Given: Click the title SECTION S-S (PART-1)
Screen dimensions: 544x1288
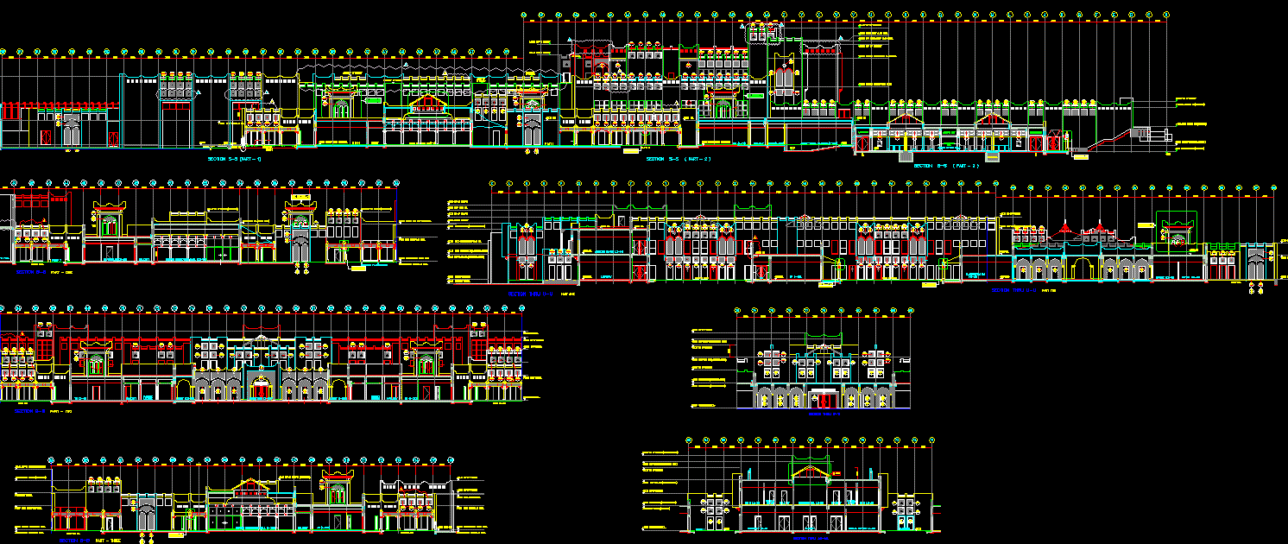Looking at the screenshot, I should pos(235,160).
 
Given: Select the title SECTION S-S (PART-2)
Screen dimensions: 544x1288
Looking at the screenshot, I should pos(679,160).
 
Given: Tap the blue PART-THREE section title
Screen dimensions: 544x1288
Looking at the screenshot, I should pos(90,540).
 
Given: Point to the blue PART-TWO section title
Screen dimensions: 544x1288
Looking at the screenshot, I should pos(44,411).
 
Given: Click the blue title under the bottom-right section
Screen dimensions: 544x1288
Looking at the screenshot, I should pos(811,538).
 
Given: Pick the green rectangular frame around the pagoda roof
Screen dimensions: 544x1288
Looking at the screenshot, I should pos(1177,228).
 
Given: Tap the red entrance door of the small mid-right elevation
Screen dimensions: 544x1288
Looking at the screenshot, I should pos(824,400).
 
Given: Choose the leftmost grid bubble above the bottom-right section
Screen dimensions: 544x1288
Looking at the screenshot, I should pos(690,442).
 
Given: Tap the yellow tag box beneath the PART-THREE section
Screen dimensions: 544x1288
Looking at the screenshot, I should pos(175,536).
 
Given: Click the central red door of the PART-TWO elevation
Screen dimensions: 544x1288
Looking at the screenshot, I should pos(259,390).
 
